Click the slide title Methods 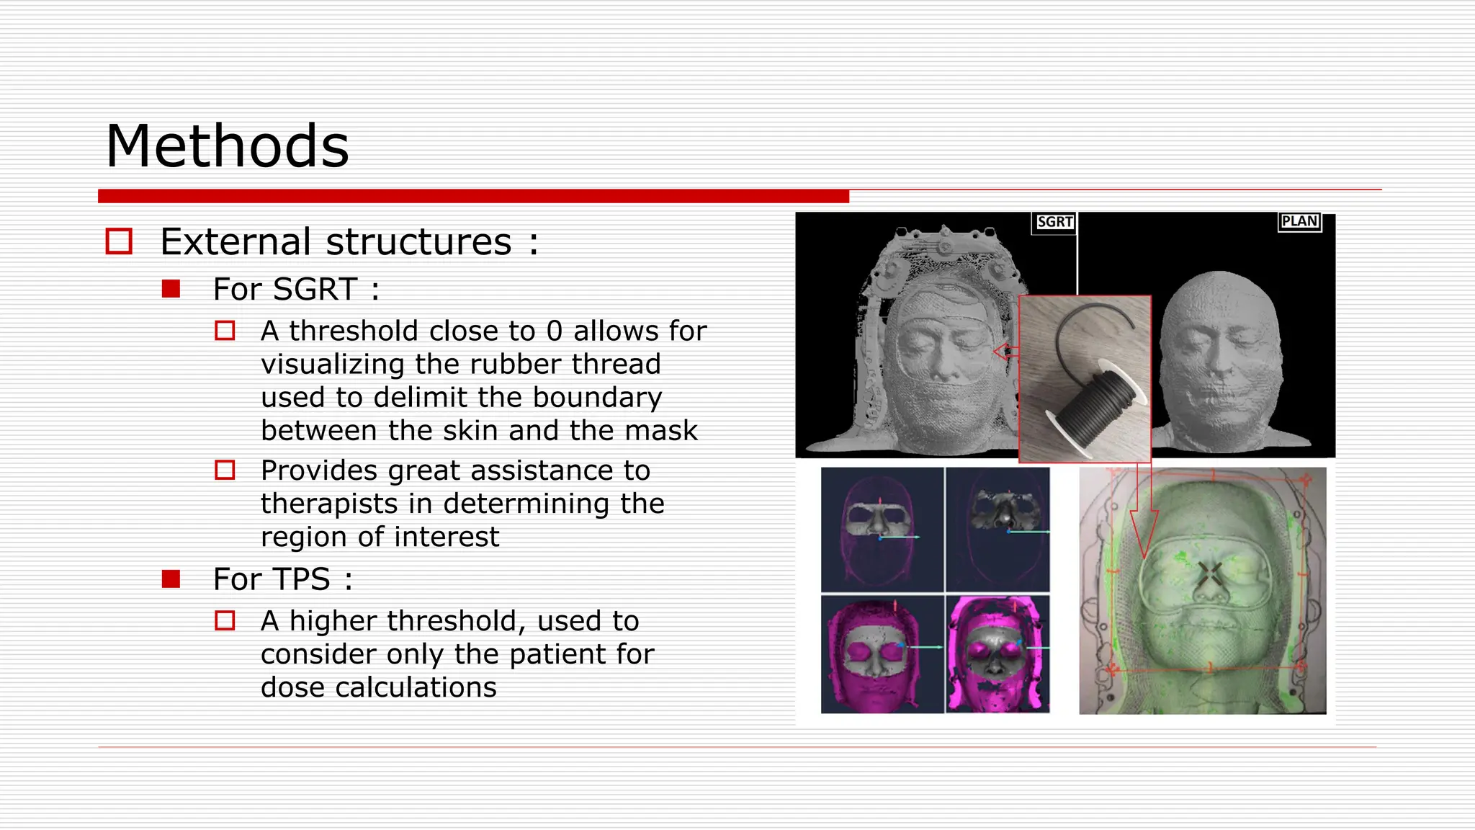click(x=228, y=146)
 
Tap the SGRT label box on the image click(x=1054, y=222)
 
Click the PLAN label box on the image click(x=1299, y=221)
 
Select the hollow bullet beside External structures click(x=119, y=241)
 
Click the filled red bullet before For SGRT click(x=171, y=289)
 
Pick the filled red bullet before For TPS click(x=171, y=579)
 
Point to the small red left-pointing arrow click(x=1005, y=352)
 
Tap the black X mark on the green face click(x=1211, y=574)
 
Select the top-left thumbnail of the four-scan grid click(x=882, y=530)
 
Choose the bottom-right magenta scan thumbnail click(x=997, y=654)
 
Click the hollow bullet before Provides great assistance click(x=225, y=470)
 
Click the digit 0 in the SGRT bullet click(x=554, y=331)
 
